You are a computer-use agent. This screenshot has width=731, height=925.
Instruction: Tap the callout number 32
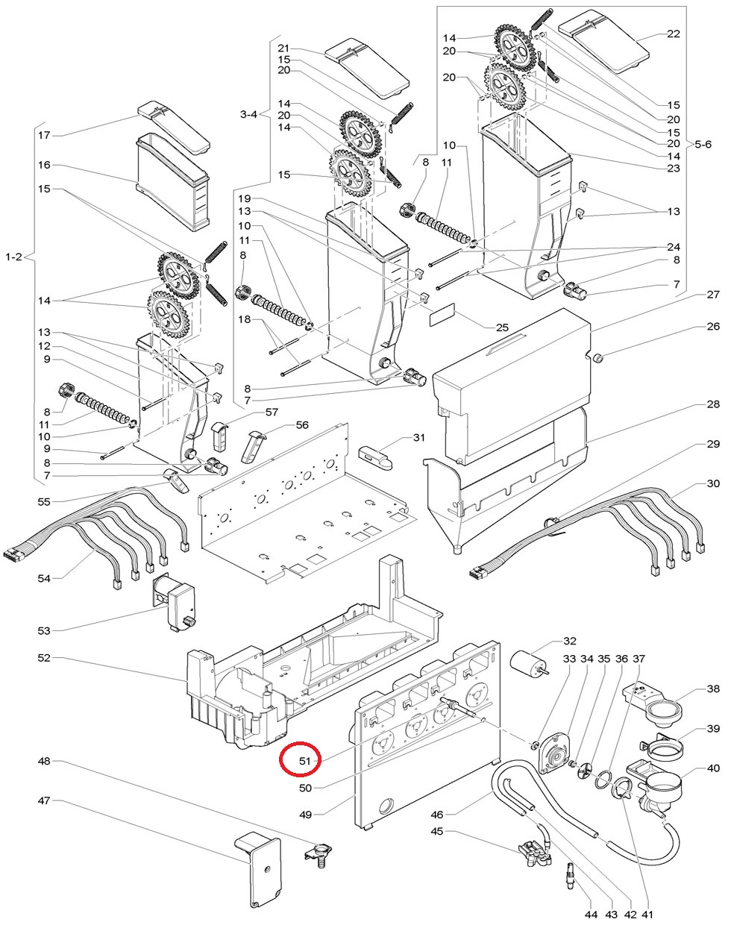[570, 641]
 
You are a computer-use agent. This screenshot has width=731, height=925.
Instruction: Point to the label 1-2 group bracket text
[14, 257]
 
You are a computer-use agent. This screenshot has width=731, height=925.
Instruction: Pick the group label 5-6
[703, 142]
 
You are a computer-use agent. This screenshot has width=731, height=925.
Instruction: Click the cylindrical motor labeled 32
[527, 662]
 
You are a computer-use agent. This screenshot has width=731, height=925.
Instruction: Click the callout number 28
[713, 405]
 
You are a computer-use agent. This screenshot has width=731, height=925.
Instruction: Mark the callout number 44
[591, 914]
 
